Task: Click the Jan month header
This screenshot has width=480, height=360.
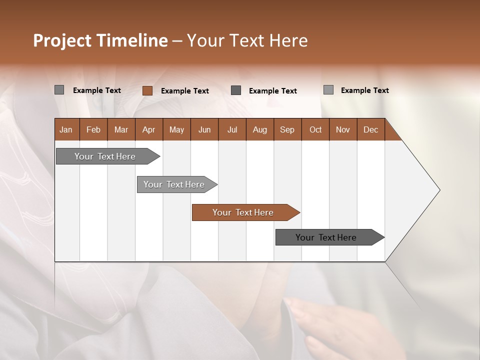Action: [66, 129]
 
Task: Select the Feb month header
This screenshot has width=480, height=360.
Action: [93, 129]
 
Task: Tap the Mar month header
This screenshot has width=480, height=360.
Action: [121, 129]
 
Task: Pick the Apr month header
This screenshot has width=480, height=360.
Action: [149, 129]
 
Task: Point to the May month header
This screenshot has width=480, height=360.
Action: [176, 129]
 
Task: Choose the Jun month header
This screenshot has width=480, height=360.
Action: [204, 129]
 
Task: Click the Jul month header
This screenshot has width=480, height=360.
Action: [232, 129]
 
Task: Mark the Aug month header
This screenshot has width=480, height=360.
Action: [260, 129]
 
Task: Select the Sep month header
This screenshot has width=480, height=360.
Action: [287, 129]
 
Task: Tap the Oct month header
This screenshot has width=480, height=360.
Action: [315, 129]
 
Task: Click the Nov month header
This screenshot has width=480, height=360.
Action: [343, 129]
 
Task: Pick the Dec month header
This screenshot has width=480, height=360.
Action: [371, 129]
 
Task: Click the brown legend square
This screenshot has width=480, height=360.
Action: [147, 90]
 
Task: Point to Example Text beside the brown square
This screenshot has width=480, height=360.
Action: [185, 91]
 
